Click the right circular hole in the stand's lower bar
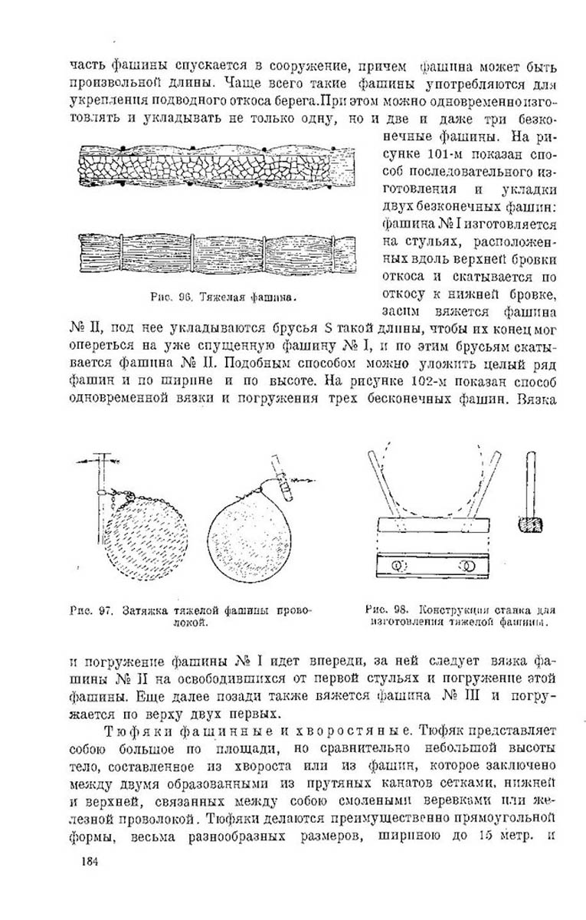tap(466, 567)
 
